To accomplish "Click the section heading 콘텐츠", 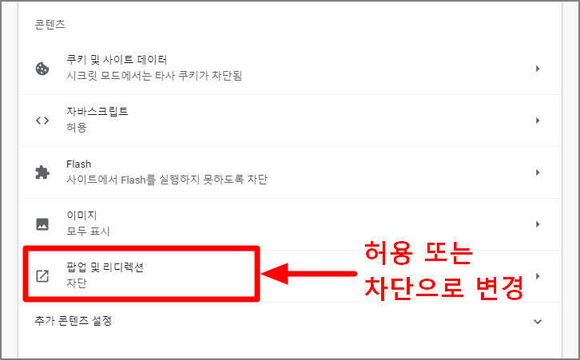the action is coord(50,26).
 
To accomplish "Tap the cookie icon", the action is coord(42,69).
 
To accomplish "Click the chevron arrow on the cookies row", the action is coord(538,69).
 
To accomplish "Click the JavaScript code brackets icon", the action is coord(42,121).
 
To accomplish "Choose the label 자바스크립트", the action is coord(97,112).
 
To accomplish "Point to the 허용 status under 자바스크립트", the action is coord(77,128).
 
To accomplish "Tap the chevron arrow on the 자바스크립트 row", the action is coord(538,121).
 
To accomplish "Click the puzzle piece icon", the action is coord(42,172).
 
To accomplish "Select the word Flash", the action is coord(79,164).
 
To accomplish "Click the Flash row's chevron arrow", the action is coord(538,172).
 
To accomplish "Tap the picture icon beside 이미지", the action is coord(42,224).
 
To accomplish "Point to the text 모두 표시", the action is coord(88,231).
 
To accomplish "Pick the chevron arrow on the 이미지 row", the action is coord(538,224).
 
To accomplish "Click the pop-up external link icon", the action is coord(42,276).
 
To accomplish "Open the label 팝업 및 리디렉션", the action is coord(105,267).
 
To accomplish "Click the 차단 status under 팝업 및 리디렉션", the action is coord(77,283).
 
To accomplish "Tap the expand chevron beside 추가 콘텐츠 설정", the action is coord(538,322).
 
